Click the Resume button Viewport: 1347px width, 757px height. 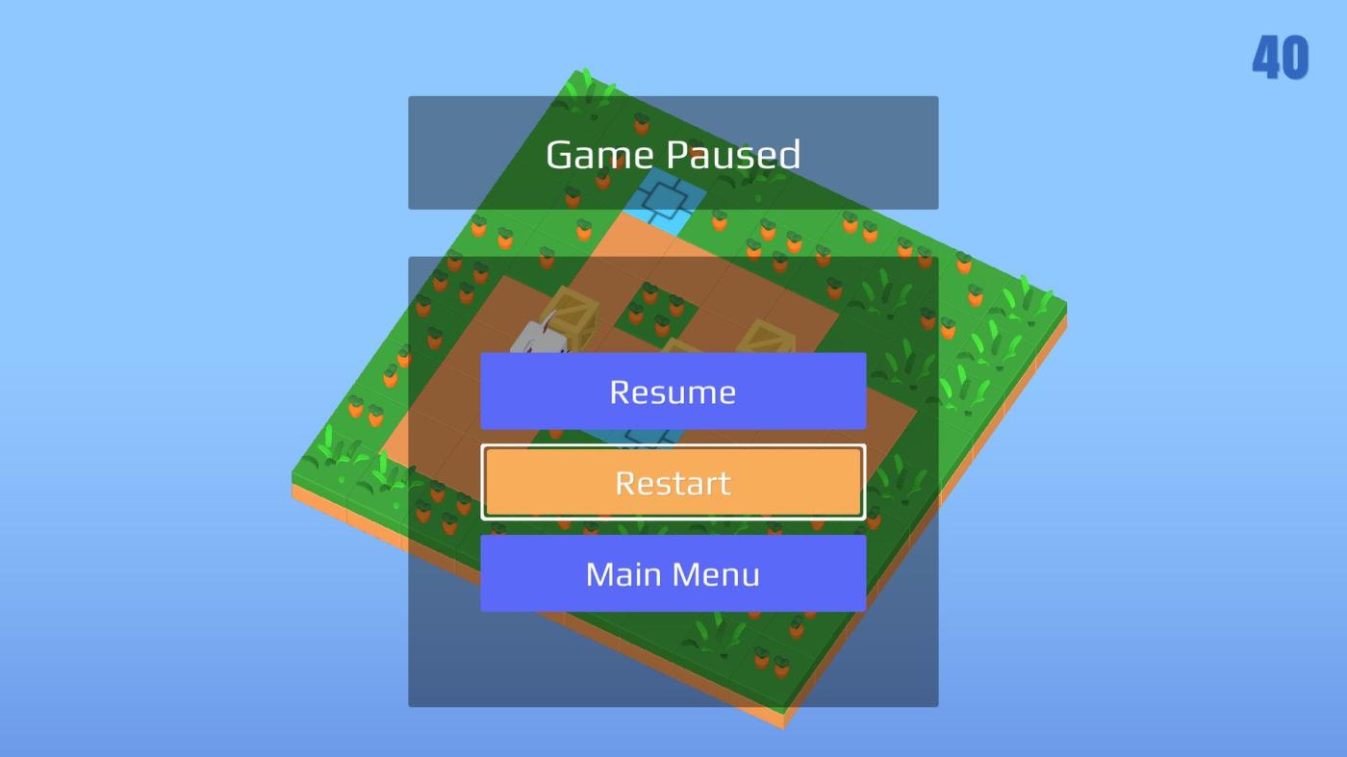click(x=673, y=391)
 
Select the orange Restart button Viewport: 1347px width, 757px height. click(x=673, y=482)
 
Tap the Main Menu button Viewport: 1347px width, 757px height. click(x=673, y=573)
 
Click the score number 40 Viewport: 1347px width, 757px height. click(x=1281, y=57)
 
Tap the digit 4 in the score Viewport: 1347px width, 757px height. click(x=1266, y=57)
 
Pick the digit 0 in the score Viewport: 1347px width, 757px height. click(x=1296, y=57)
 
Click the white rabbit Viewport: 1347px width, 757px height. click(x=540, y=339)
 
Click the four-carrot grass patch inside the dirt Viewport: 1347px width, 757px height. click(x=657, y=311)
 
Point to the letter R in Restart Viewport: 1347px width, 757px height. click(x=625, y=483)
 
